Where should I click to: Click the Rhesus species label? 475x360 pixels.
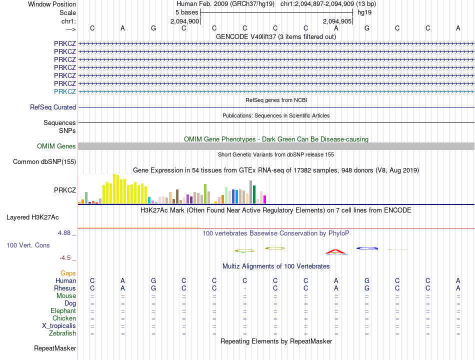tap(65, 288)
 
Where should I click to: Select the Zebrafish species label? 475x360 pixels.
tap(62, 333)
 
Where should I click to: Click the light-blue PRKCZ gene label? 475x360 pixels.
tap(65, 91)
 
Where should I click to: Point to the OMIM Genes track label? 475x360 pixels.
tap(56, 146)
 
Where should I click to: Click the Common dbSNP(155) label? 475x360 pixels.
tap(44, 162)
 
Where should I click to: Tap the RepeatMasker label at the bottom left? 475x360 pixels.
tap(55, 348)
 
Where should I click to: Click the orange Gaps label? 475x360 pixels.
tap(68, 273)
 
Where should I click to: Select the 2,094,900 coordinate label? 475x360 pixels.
tap(185, 21)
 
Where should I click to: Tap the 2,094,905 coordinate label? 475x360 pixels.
tap(337, 21)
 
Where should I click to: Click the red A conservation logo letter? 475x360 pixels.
tap(336, 251)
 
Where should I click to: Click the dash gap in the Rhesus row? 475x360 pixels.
tap(244, 288)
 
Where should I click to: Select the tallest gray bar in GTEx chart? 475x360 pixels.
tap(250, 192)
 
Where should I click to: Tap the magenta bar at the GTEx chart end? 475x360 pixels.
tap(264, 199)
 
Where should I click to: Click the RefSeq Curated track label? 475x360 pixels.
tap(53, 107)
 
